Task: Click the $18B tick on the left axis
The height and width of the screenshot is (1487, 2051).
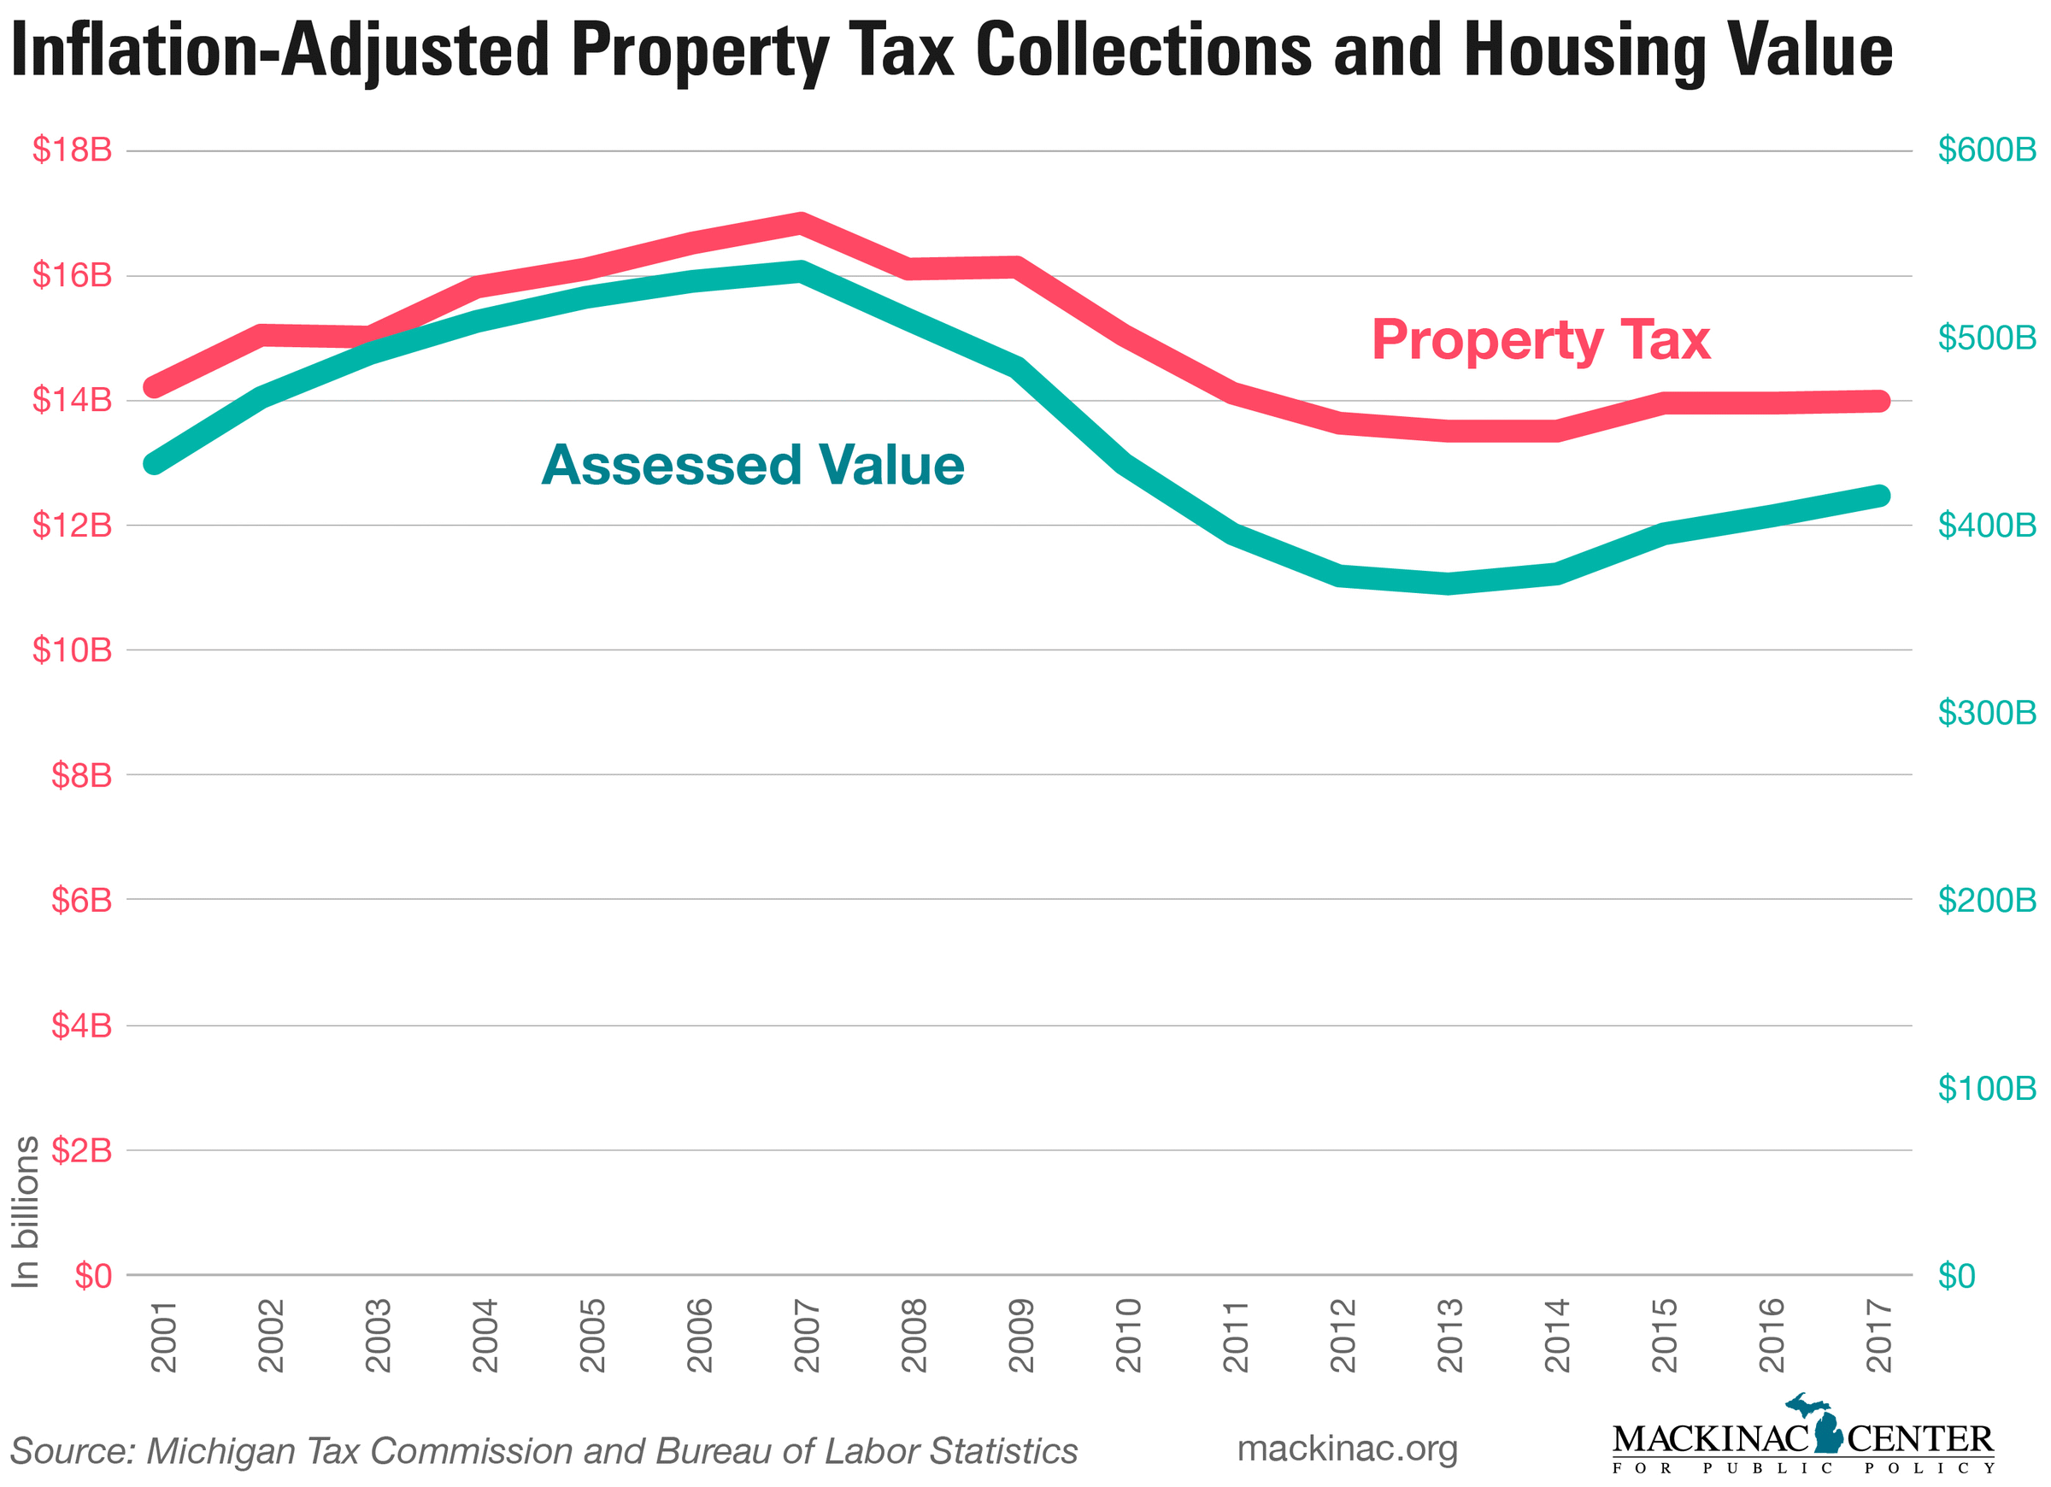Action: click(73, 150)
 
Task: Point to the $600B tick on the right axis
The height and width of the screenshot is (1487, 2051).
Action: click(1987, 150)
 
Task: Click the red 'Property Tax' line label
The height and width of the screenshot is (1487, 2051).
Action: click(1540, 340)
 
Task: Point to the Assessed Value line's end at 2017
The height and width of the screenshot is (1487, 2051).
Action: click(1879, 496)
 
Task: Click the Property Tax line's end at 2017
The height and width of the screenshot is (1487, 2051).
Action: click(1879, 401)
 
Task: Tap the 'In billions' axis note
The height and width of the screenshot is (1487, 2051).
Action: click(26, 1212)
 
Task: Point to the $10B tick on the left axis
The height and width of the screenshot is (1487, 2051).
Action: click(73, 649)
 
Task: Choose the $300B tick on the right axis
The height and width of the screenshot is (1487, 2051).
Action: click(1987, 713)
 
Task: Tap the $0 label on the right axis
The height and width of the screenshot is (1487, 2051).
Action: click(1956, 1276)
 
